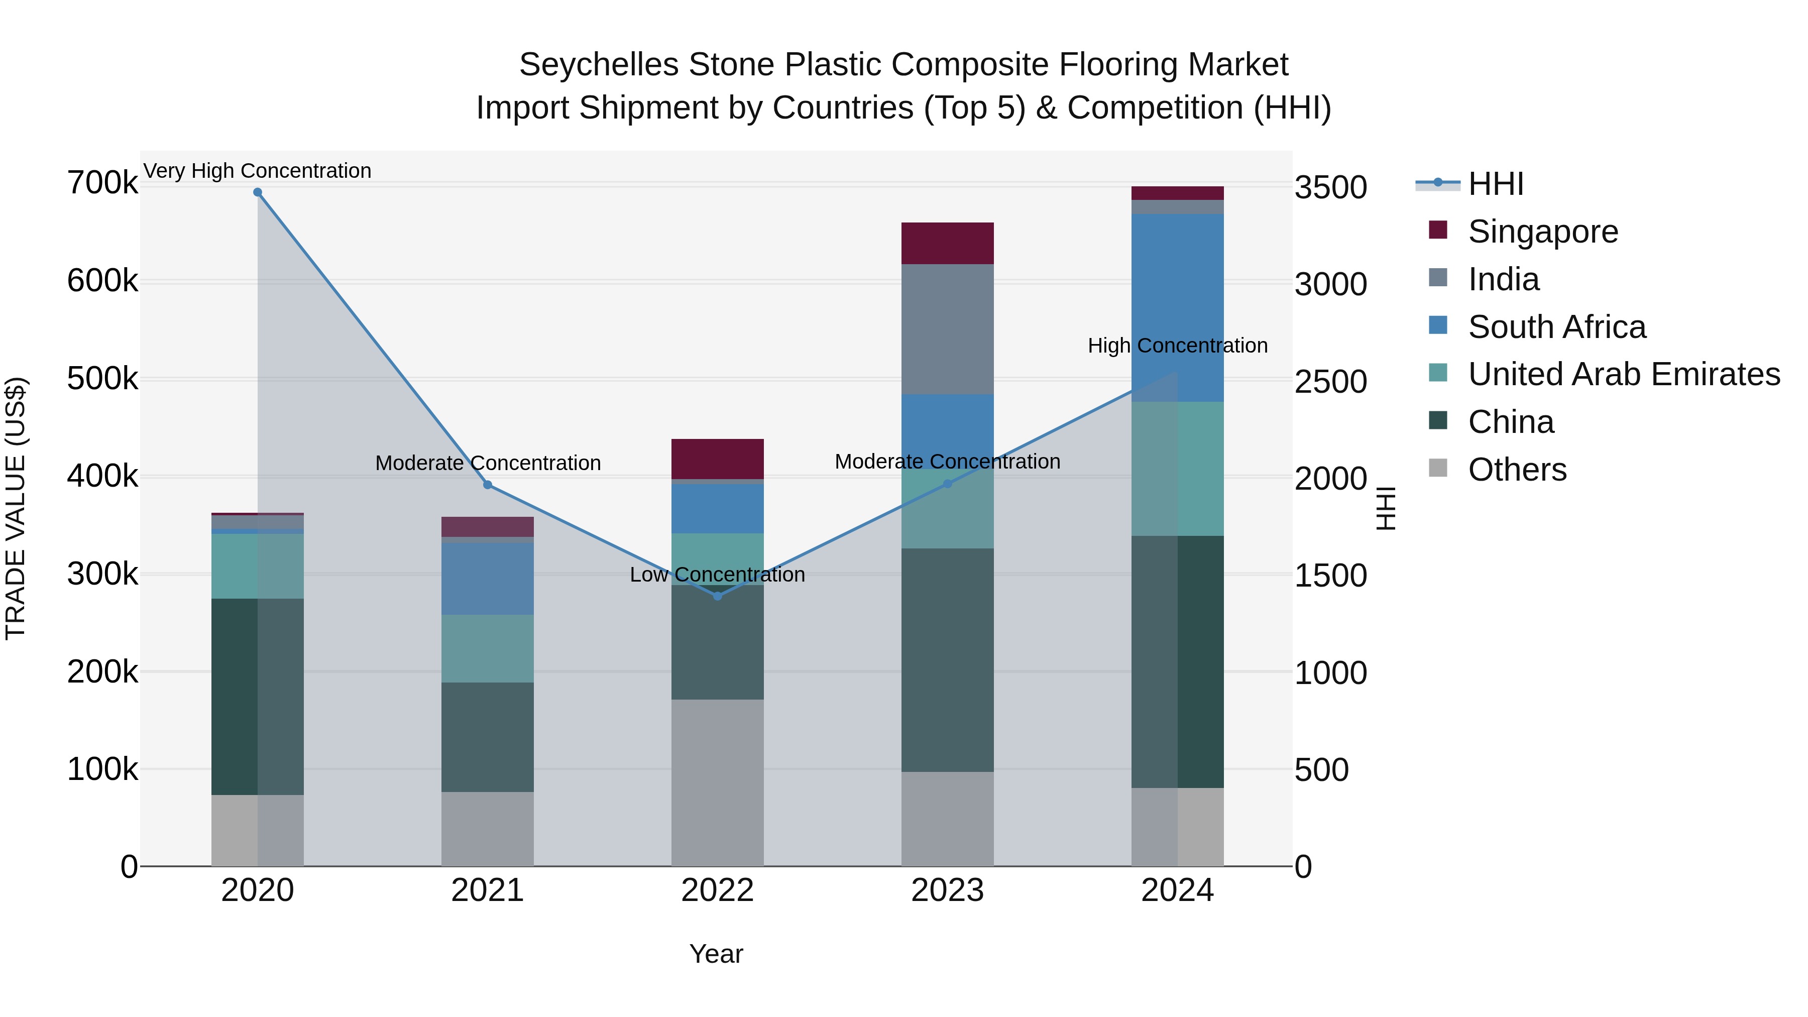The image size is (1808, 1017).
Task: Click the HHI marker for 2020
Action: point(258,192)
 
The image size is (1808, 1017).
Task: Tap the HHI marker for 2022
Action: point(717,596)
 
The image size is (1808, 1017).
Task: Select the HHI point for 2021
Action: point(488,485)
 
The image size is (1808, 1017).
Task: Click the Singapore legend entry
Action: point(1543,232)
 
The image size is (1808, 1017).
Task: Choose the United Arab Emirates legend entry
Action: point(1623,374)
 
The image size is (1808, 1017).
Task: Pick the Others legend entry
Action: point(1517,470)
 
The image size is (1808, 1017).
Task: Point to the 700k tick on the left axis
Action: point(102,183)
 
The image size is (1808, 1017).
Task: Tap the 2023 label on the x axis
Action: point(948,890)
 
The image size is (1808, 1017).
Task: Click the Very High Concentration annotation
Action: point(258,171)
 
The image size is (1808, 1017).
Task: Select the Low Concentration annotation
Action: point(717,575)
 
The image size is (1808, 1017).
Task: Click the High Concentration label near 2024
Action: point(1178,346)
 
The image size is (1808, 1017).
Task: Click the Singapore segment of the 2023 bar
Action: point(948,243)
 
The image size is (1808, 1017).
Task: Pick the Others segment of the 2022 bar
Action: point(717,782)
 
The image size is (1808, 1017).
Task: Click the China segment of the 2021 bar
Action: point(488,737)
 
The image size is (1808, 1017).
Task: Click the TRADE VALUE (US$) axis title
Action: point(16,508)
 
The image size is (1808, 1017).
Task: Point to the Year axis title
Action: point(716,954)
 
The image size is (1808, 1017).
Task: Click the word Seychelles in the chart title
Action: point(599,65)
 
